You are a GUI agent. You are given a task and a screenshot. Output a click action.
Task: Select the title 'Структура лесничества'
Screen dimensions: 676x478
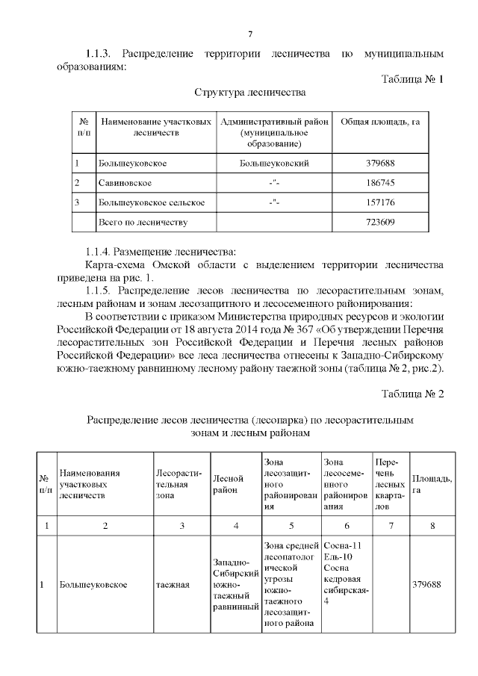[x=250, y=93]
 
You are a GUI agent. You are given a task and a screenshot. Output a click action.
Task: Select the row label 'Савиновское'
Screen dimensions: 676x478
[x=125, y=182]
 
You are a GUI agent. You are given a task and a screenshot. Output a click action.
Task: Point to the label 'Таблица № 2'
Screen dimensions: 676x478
[x=412, y=394]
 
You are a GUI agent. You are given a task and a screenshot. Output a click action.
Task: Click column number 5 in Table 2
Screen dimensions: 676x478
[x=291, y=526]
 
